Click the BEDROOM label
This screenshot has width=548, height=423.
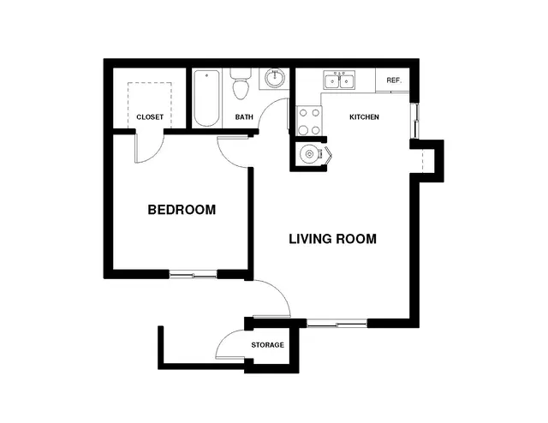(182, 210)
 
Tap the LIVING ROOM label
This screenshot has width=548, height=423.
(333, 239)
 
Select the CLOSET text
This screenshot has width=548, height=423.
(150, 117)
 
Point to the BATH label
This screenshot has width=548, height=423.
(244, 116)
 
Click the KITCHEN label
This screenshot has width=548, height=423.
(364, 116)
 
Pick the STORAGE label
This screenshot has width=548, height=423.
(267, 345)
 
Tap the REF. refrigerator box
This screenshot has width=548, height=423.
(392, 80)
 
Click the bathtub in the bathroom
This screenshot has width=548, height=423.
(207, 98)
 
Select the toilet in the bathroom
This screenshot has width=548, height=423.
(241, 84)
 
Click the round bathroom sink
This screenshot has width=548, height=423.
(274, 78)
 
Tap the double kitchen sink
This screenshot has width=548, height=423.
(339, 80)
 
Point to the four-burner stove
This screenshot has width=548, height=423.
(309, 121)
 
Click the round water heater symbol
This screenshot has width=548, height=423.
(310, 154)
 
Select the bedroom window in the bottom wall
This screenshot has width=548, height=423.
(194, 275)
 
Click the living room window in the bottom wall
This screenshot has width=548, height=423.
(337, 324)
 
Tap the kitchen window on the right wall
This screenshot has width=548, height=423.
(414, 121)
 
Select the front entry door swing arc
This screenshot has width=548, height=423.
(280, 291)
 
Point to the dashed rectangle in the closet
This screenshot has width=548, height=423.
(150, 83)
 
